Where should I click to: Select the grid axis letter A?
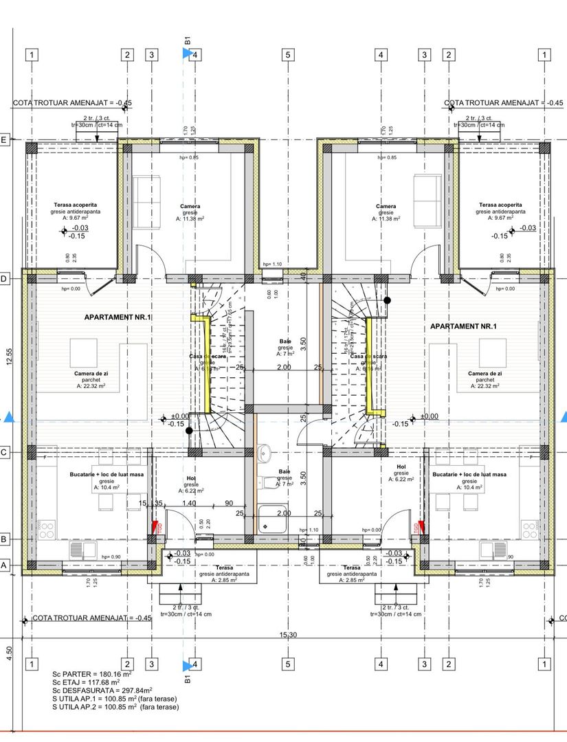[x=3, y=565]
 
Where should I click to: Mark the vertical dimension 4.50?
[x=9, y=650]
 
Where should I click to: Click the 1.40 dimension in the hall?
[x=189, y=504]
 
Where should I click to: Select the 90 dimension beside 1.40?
[x=229, y=504]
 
